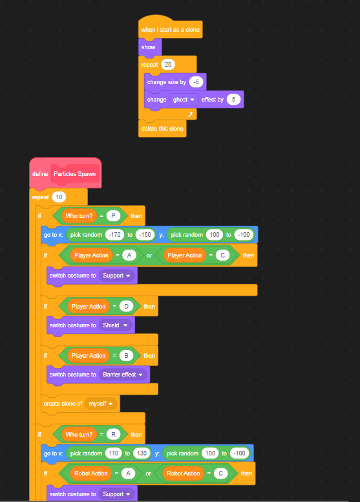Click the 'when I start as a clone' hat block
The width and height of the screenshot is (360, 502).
170,29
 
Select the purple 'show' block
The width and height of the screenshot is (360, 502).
150,47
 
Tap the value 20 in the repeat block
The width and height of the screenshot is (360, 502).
168,65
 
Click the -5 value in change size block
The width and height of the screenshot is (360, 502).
196,82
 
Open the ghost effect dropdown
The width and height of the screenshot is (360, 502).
184,100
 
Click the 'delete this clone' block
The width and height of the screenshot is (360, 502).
162,128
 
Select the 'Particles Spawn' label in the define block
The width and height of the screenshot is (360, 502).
74,174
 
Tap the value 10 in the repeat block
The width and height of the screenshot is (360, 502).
59,197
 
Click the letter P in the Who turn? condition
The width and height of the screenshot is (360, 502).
113,216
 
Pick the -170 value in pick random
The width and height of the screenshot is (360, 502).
114,235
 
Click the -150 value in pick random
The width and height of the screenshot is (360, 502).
145,235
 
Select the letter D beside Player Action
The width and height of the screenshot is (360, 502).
126,307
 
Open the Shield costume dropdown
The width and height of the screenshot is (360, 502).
115,325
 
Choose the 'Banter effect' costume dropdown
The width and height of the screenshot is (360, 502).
123,375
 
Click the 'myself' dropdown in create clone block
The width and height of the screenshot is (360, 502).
101,404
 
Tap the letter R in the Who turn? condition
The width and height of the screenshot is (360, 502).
113,435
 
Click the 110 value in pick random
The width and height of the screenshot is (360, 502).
114,453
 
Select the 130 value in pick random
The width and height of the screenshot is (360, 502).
142,453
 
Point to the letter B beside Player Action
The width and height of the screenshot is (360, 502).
126,356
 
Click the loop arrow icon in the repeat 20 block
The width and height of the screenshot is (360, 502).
190,114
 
